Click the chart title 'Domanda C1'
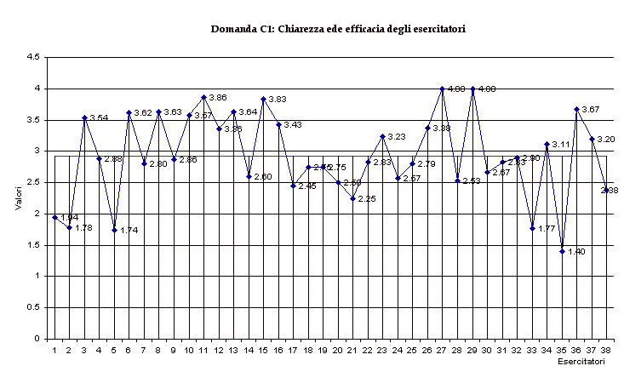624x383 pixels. point(338,28)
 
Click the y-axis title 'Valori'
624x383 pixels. point(18,197)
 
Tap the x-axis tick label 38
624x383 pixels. point(606,350)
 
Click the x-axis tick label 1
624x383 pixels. point(54,350)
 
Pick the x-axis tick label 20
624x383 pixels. point(338,350)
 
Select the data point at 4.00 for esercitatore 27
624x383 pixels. point(443,89)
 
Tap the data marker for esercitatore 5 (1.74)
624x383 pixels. point(114,230)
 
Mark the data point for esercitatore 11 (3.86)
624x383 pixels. point(203,97)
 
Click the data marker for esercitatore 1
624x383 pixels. point(54,217)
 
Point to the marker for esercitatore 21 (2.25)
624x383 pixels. point(352,198)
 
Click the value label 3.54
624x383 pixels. point(99,118)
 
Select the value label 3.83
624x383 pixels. point(278,100)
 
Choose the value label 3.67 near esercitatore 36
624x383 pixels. point(591,110)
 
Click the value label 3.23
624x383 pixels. point(397,137)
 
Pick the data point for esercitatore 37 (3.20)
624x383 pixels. point(592,139)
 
